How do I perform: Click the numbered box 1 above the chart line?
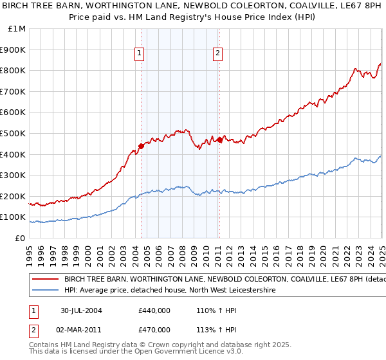[140, 54]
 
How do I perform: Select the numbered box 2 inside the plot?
[218, 54]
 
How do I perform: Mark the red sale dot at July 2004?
[141, 145]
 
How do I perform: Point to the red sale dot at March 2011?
[219, 139]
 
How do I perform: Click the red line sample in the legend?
[46, 280]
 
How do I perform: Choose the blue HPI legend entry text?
[170, 291]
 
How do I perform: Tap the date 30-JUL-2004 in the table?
[82, 310]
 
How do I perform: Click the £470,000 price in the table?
[154, 330]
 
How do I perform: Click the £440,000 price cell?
[154, 310]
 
